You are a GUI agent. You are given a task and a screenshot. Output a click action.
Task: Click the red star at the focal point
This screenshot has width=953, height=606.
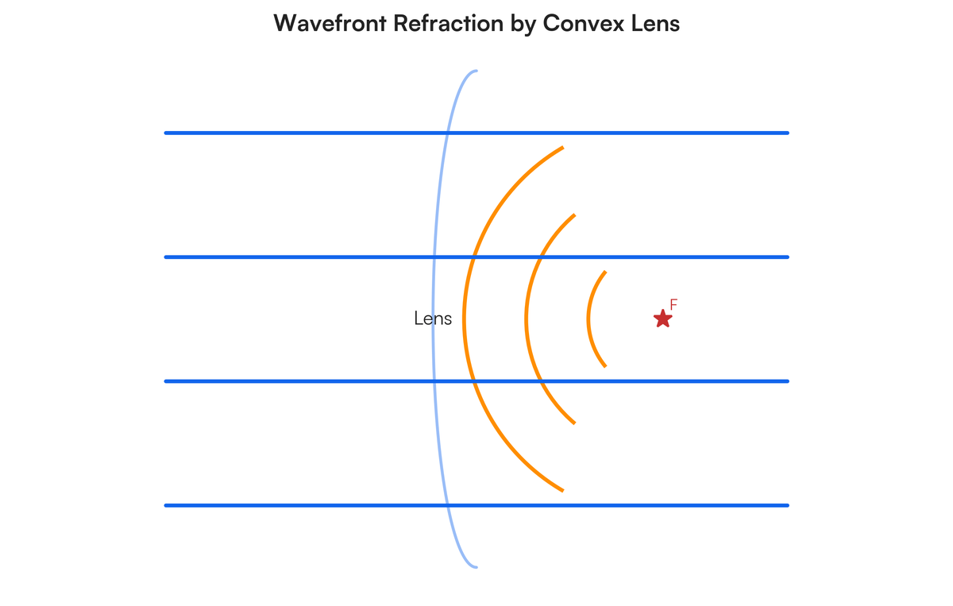(662, 318)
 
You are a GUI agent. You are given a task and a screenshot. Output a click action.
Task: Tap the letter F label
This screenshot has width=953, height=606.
(673, 305)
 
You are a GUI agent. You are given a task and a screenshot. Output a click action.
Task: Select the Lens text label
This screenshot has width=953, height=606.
(433, 318)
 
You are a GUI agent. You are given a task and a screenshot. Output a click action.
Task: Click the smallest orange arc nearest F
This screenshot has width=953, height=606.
(588, 318)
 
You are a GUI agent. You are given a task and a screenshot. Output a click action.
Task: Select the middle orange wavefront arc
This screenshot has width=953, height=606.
(526, 318)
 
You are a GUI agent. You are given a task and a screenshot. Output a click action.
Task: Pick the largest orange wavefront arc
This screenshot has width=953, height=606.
(465, 318)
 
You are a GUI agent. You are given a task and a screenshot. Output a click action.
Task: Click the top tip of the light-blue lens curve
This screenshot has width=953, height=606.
(476, 71)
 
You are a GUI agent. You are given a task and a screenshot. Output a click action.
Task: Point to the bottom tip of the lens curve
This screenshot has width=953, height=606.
(476, 566)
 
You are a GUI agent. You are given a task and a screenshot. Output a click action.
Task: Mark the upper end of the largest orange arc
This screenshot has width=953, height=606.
(562, 148)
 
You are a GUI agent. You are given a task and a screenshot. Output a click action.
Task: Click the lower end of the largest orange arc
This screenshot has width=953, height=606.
(562, 490)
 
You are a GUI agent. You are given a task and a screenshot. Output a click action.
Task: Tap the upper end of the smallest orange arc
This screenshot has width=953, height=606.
(605, 272)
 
